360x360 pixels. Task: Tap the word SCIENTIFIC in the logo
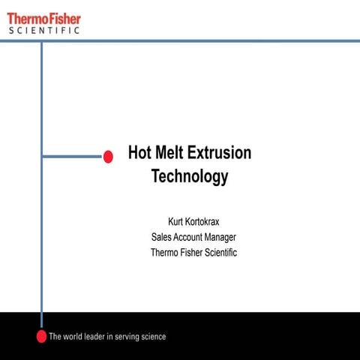[x=44, y=31]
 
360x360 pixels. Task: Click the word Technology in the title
[x=189, y=178]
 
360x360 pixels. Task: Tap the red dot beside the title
[x=108, y=157]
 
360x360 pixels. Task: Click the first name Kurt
[x=177, y=222]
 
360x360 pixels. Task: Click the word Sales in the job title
[x=161, y=238]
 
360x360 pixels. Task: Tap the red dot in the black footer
[x=41, y=336]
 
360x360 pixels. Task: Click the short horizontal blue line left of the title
[x=72, y=157]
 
